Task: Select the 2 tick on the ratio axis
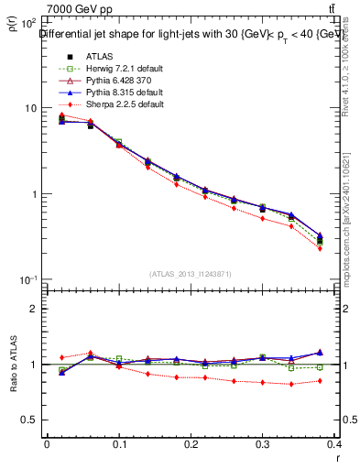(34, 309)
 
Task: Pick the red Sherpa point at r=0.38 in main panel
(320, 248)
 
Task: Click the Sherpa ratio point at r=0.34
(291, 384)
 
